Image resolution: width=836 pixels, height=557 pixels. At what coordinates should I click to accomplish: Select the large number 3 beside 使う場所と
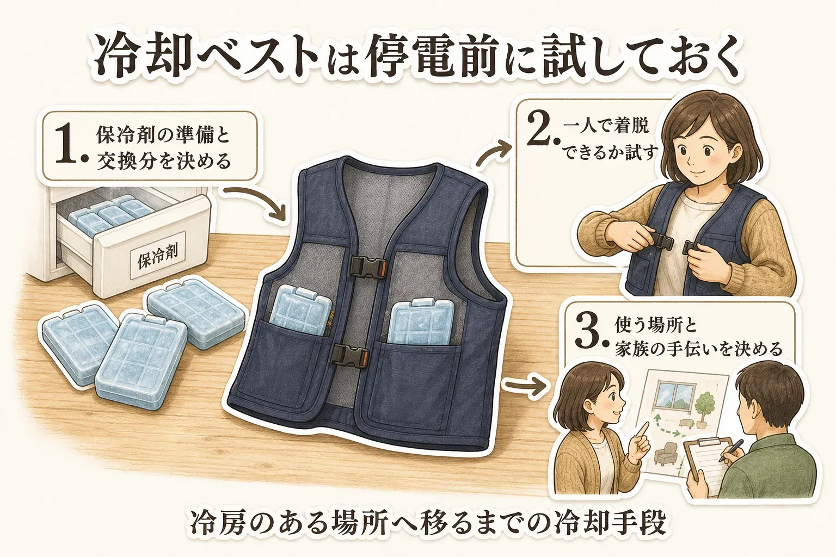tap(588, 330)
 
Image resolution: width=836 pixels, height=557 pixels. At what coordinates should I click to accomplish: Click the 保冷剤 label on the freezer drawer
tap(157, 255)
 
